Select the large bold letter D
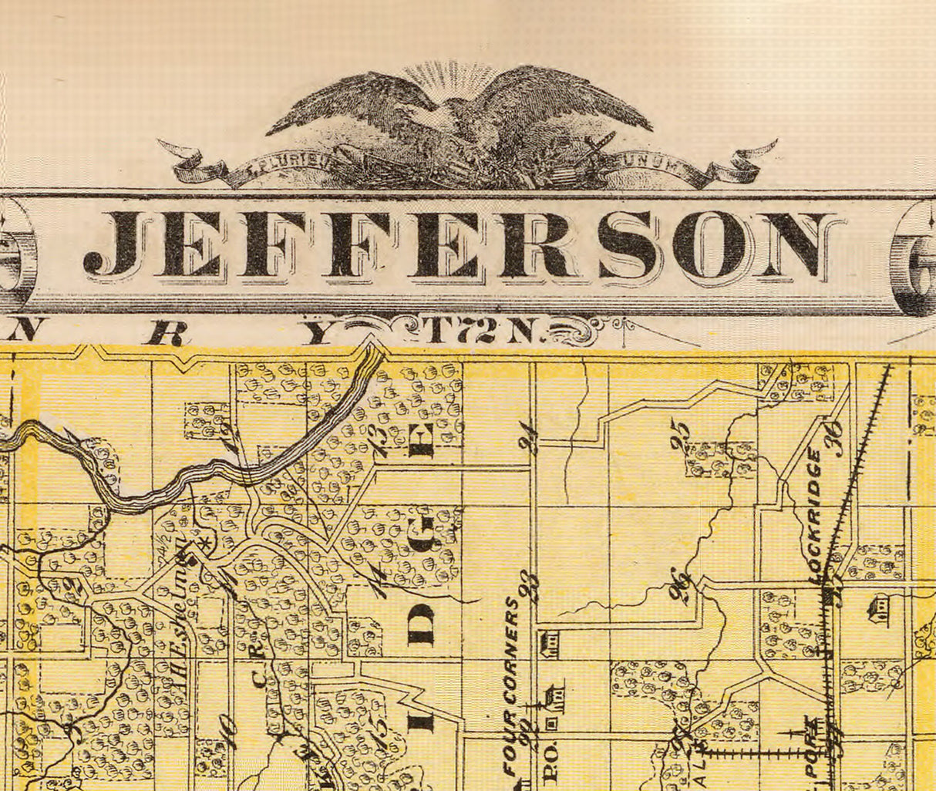coord(422,625)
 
